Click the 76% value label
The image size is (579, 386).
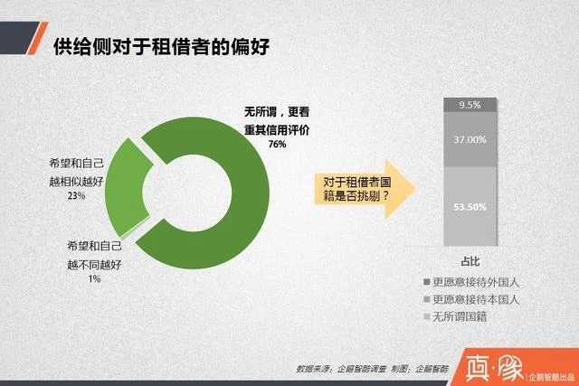(x=277, y=145)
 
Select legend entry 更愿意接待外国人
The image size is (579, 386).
(x=475, y=282)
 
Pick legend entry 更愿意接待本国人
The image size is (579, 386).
(x=475, y=299)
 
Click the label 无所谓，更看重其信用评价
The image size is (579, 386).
(x=278, y=120)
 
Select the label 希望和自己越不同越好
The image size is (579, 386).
(x=95, y=255)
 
